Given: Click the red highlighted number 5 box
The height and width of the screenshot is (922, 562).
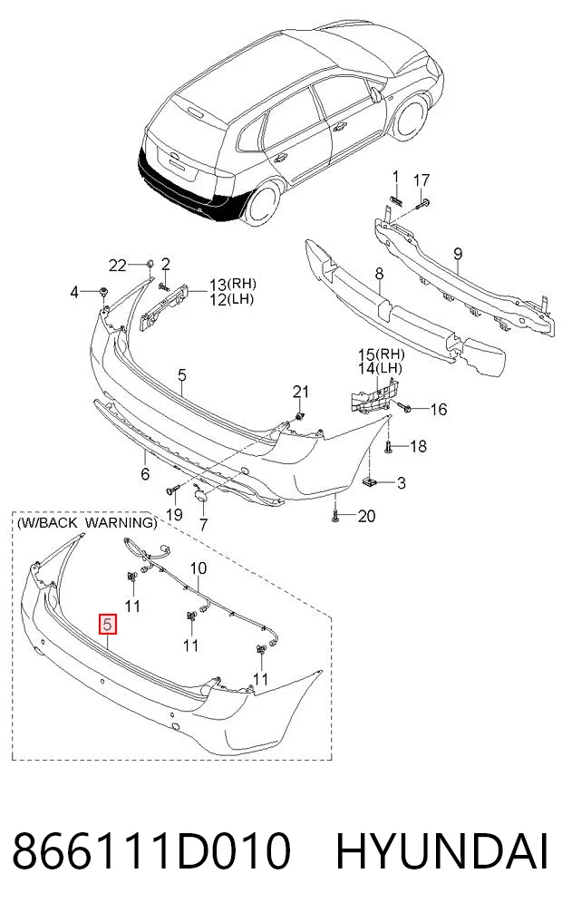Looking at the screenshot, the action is coord(108,624).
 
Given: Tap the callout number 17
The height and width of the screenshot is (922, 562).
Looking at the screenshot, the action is coord(421,180).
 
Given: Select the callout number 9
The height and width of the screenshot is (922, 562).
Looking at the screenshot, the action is coord(458,254).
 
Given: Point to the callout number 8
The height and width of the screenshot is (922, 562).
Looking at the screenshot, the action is coord(379,274).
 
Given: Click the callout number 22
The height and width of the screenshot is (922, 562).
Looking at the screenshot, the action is coord(118,266).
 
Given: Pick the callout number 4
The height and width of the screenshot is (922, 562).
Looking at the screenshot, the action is coord(74,291).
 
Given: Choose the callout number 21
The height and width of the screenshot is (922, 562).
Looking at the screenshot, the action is coord(301,392).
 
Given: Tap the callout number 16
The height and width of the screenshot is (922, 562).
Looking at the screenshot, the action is coord(439,409).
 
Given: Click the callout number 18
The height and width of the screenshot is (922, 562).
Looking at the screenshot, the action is coord(418,446).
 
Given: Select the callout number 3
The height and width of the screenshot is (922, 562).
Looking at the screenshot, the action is coord(402,483).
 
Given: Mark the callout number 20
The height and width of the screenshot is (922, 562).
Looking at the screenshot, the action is coord(366,516).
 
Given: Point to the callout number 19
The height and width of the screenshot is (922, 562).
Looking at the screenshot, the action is coord(174,515).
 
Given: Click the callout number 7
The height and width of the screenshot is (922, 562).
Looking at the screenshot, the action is coord(203,523).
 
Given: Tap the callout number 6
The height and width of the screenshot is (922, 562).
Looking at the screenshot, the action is coord(145,473).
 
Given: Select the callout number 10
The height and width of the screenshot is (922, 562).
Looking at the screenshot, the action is coord(199,568).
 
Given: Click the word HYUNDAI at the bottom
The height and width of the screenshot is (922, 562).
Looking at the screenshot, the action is coord(442,852).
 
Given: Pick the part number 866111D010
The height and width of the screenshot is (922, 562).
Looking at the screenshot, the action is coord(151,852).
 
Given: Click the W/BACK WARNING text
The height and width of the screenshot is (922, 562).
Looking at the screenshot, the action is coord(87,523).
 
